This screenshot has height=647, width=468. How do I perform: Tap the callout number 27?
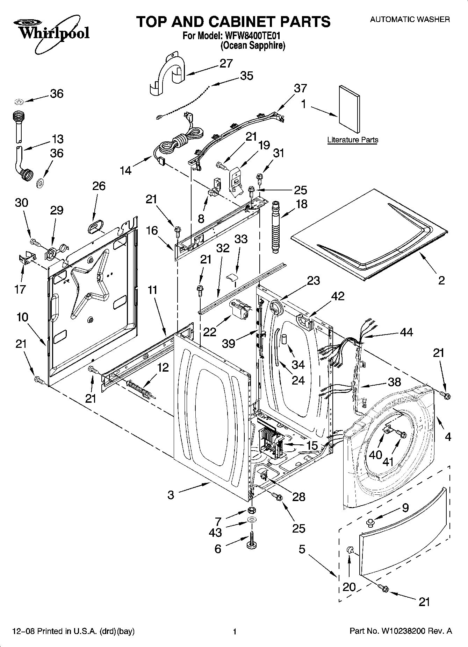pos(226,63)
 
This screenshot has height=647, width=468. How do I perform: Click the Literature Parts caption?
pos(352,140)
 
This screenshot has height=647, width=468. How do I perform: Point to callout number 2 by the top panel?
pos(441,280)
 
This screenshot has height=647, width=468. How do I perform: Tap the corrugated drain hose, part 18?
pos(276,226)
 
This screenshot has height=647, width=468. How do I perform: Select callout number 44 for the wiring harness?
pos(406,332)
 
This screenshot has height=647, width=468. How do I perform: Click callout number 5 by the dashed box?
pos(302,549)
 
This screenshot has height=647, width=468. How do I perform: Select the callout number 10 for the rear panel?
pos(22,317)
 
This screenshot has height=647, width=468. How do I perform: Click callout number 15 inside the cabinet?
pos(312,445)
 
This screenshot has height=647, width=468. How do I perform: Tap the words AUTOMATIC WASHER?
pos(410,20)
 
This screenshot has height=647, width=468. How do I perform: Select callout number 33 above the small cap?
pos(241,239)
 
